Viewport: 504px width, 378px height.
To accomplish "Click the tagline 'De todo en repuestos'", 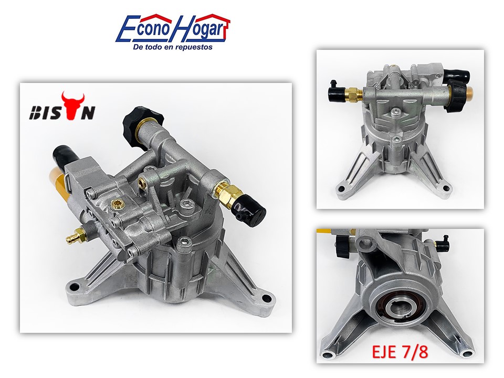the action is click(173, 47).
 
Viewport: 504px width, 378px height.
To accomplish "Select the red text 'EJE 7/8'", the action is click(400, 352).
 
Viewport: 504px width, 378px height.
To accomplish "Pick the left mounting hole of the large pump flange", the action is click(76, 286).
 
